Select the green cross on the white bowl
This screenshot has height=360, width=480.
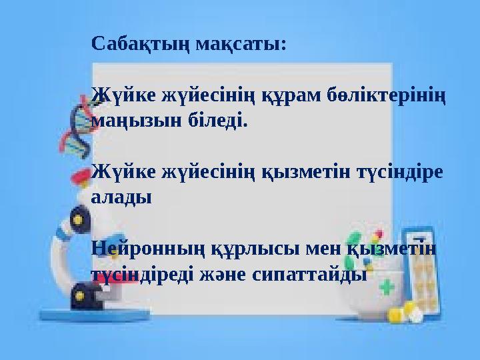tap(388, 287)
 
